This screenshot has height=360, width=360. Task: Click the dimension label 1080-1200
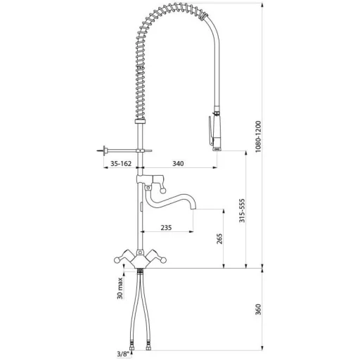258,137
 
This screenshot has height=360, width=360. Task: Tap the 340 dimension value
178,163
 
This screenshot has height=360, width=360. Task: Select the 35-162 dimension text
121,163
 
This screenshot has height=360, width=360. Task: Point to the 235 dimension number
166,227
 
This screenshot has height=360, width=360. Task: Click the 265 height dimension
219,238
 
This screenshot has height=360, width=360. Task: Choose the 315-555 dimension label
242,210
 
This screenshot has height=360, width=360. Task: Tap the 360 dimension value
258,309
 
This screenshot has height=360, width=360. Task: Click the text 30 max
120,288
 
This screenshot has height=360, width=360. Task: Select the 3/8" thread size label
123,354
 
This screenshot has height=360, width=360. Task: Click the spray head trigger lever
211,129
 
